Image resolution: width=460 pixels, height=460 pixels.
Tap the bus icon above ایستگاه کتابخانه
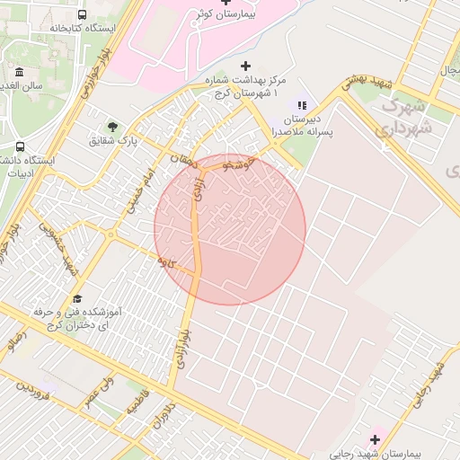[x=83, y=15]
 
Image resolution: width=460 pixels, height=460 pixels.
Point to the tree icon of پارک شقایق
[x=112, y=127]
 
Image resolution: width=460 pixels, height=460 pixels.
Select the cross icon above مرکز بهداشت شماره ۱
[x=245, y=66]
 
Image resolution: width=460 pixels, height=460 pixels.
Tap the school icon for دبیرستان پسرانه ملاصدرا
[x=302, y=106]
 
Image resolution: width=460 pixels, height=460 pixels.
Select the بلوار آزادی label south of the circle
[x=182, y=347]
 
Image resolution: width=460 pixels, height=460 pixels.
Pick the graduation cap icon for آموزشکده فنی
[x=76, y=298]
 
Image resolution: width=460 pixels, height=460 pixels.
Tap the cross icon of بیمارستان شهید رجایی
[x=375, y=438]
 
